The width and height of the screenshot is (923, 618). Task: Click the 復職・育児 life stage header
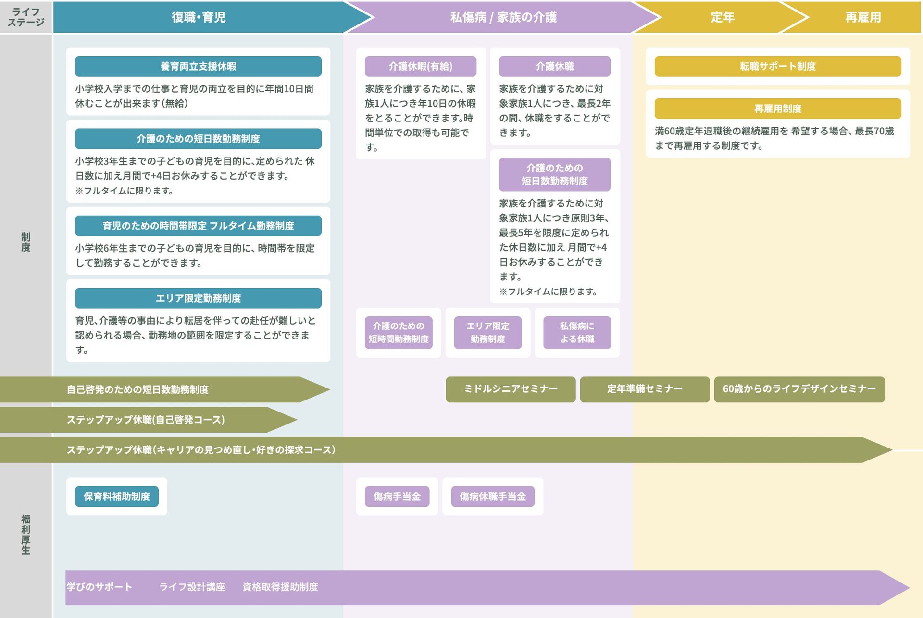click(x=199, y=17)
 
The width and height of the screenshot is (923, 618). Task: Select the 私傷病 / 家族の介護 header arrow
click(x=503, y=17)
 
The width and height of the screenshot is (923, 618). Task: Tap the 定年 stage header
click(x=722, y=17)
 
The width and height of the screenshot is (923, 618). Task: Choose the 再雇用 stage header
click(x=862, y=17)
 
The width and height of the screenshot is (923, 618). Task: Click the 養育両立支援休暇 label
click(x=198, y=66)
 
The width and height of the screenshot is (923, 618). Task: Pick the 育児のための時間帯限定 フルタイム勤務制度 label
click(x=198, y=226)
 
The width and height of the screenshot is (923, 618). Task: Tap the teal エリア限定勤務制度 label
click(x=198, y=298)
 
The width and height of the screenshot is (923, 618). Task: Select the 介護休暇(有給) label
click(x=420, y=66)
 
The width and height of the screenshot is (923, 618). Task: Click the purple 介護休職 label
click(x=554, y=66)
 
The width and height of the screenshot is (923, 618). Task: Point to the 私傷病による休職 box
click(x=577, y=332)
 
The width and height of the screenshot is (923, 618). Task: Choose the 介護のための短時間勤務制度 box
click(x=398, y=332)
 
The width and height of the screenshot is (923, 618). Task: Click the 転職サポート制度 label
click(x=777, y=66)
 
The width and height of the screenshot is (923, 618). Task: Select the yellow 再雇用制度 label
click(x=777, y=109)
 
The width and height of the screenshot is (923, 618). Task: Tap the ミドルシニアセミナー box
click(x=510, y=389)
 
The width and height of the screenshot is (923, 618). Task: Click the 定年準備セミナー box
click(x=644, y=389)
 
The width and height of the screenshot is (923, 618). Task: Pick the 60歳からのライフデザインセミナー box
click(x=799, y=389)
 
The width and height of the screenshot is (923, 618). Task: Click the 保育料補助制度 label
click(x=117, y=497)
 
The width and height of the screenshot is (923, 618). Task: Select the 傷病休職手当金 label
click(x=492, y=497)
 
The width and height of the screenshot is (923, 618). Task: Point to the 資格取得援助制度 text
click(x=280, y=587)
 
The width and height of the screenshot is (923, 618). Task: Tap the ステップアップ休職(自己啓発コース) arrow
click(x=145, y=420)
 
